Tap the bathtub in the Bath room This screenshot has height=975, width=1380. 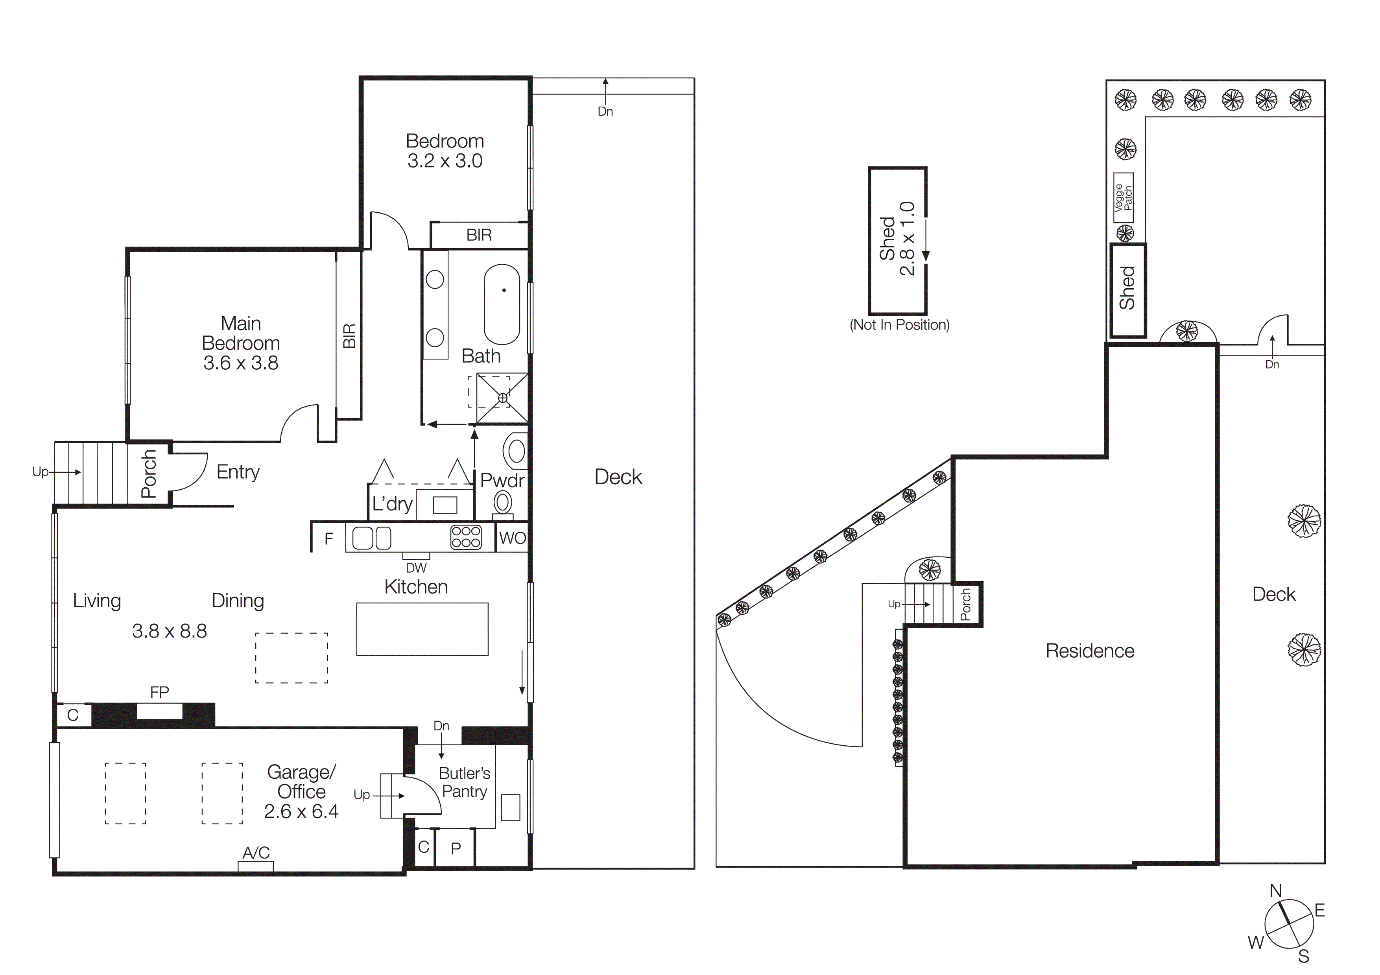[502, 304]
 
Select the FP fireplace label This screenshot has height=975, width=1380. [159, 692]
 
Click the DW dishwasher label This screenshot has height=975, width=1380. [416, 568]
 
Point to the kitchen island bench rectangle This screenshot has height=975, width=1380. [422, 629]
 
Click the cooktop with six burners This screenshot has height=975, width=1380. [466, 537]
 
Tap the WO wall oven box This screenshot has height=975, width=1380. [512, 538]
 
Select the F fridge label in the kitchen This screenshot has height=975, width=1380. [329, 539]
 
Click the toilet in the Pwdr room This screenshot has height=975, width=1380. [502, 503]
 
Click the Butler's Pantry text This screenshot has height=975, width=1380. [464, 782]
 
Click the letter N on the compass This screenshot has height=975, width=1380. [1275, 890]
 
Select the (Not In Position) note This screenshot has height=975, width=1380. [899, 325]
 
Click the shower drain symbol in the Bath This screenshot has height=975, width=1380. [503, 398]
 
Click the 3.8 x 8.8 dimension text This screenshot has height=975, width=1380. [170, 631]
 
